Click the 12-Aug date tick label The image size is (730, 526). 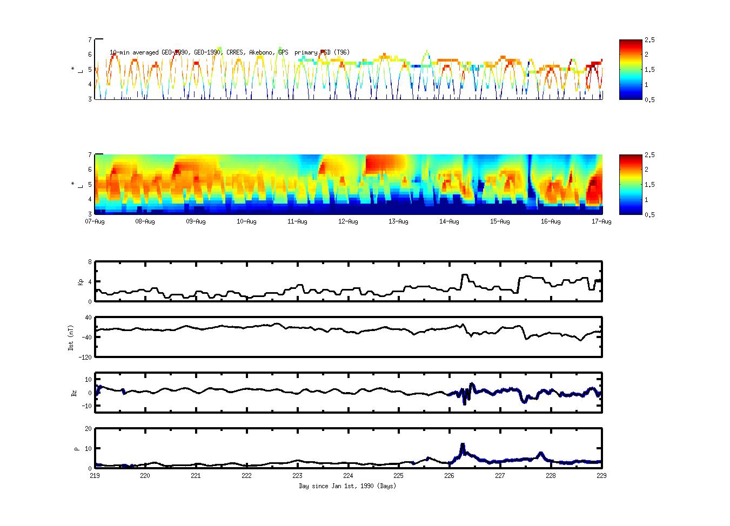click(348, 221)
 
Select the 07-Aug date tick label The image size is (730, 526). click(95, 221)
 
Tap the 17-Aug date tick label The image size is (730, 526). click(601, 221)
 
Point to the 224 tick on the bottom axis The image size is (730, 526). click(348, 476)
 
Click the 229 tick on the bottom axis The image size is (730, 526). click(601, 476)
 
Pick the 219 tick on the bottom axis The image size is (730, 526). click(95, 476)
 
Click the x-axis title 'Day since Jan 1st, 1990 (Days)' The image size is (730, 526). click(347, 486)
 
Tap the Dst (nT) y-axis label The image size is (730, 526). click(71, 338)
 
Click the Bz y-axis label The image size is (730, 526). click(74, 393)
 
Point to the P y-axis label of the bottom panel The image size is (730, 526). click(77, 448)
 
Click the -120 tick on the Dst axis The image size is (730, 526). click(85, 357)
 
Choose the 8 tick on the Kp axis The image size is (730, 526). click(90, 262)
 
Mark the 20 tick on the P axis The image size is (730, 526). click(88, 429)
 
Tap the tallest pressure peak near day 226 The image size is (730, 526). click(463, 444)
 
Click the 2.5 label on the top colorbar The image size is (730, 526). click(650, 40)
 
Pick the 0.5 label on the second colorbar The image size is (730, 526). click(650, 214)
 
